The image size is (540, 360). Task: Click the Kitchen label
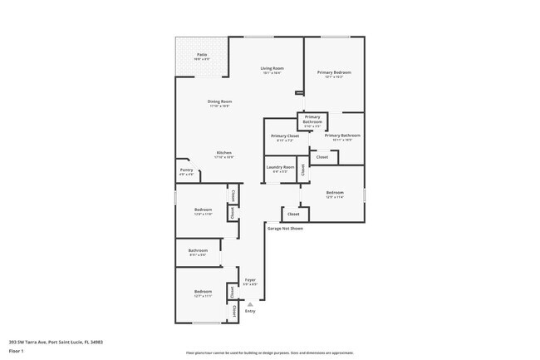224,153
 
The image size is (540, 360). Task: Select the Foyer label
249,280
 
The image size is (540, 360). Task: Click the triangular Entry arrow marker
250,304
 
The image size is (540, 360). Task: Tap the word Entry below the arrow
250,311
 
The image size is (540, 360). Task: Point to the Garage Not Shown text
285,227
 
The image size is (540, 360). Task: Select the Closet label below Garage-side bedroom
294,214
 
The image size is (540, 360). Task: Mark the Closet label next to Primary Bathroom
322,156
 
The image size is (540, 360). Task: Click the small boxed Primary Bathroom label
312,120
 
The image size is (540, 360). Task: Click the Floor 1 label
17,351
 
